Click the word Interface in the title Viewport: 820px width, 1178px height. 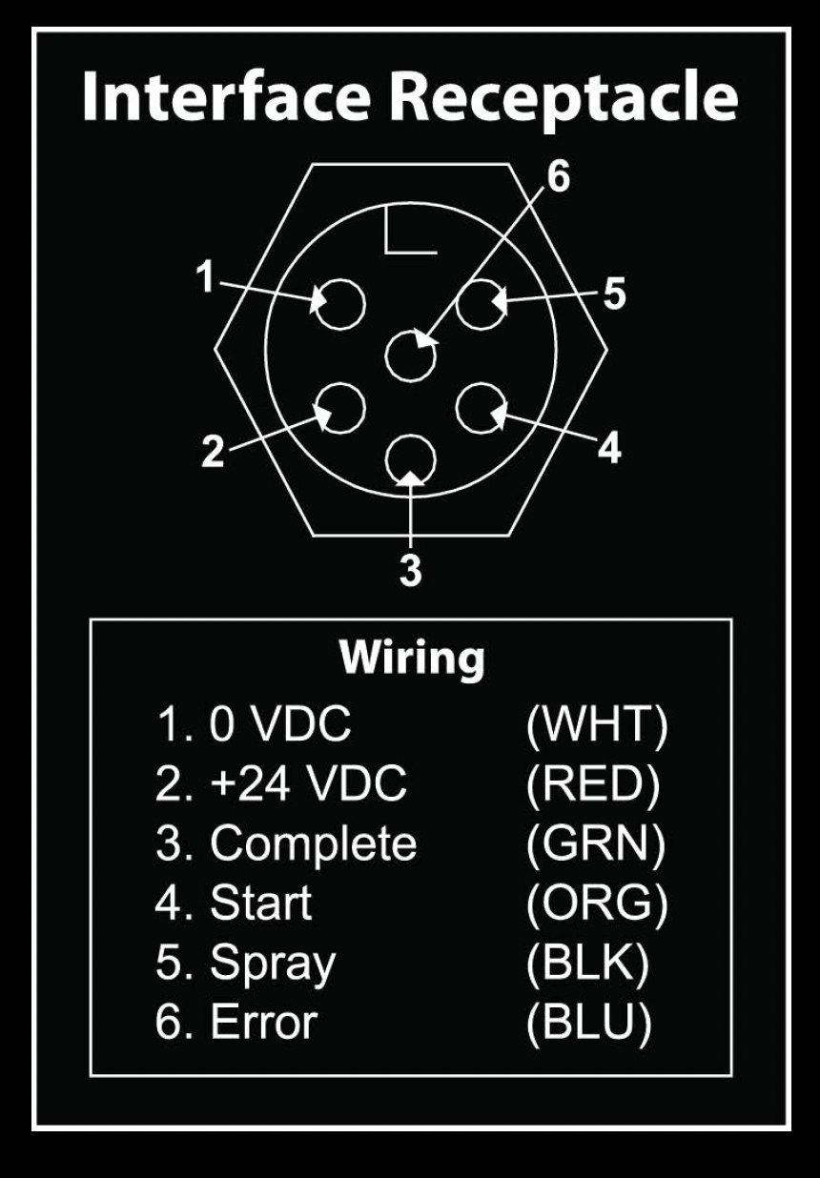pos(227,96)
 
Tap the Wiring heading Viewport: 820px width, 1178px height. pos(412,660)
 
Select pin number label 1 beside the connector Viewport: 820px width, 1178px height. pos(205,275)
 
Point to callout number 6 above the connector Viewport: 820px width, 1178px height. pos(558,176)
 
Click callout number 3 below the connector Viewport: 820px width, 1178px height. pos(410,569)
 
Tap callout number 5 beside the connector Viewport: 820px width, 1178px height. pos(614,293)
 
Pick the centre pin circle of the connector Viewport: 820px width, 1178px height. pos(410,356)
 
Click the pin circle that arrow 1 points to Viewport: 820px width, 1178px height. pos(339,304)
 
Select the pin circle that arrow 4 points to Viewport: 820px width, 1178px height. pos(482,409)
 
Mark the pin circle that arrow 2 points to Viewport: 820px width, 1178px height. pos(339,409)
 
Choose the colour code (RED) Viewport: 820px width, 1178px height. pos(593,784)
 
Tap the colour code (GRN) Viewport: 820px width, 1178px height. pos(595,844)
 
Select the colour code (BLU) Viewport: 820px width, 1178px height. pos(588,1022)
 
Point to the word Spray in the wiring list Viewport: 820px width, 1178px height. pos(273,964)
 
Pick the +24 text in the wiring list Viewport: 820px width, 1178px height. pos(250,784)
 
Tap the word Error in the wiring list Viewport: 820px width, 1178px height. pos(264,1022)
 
